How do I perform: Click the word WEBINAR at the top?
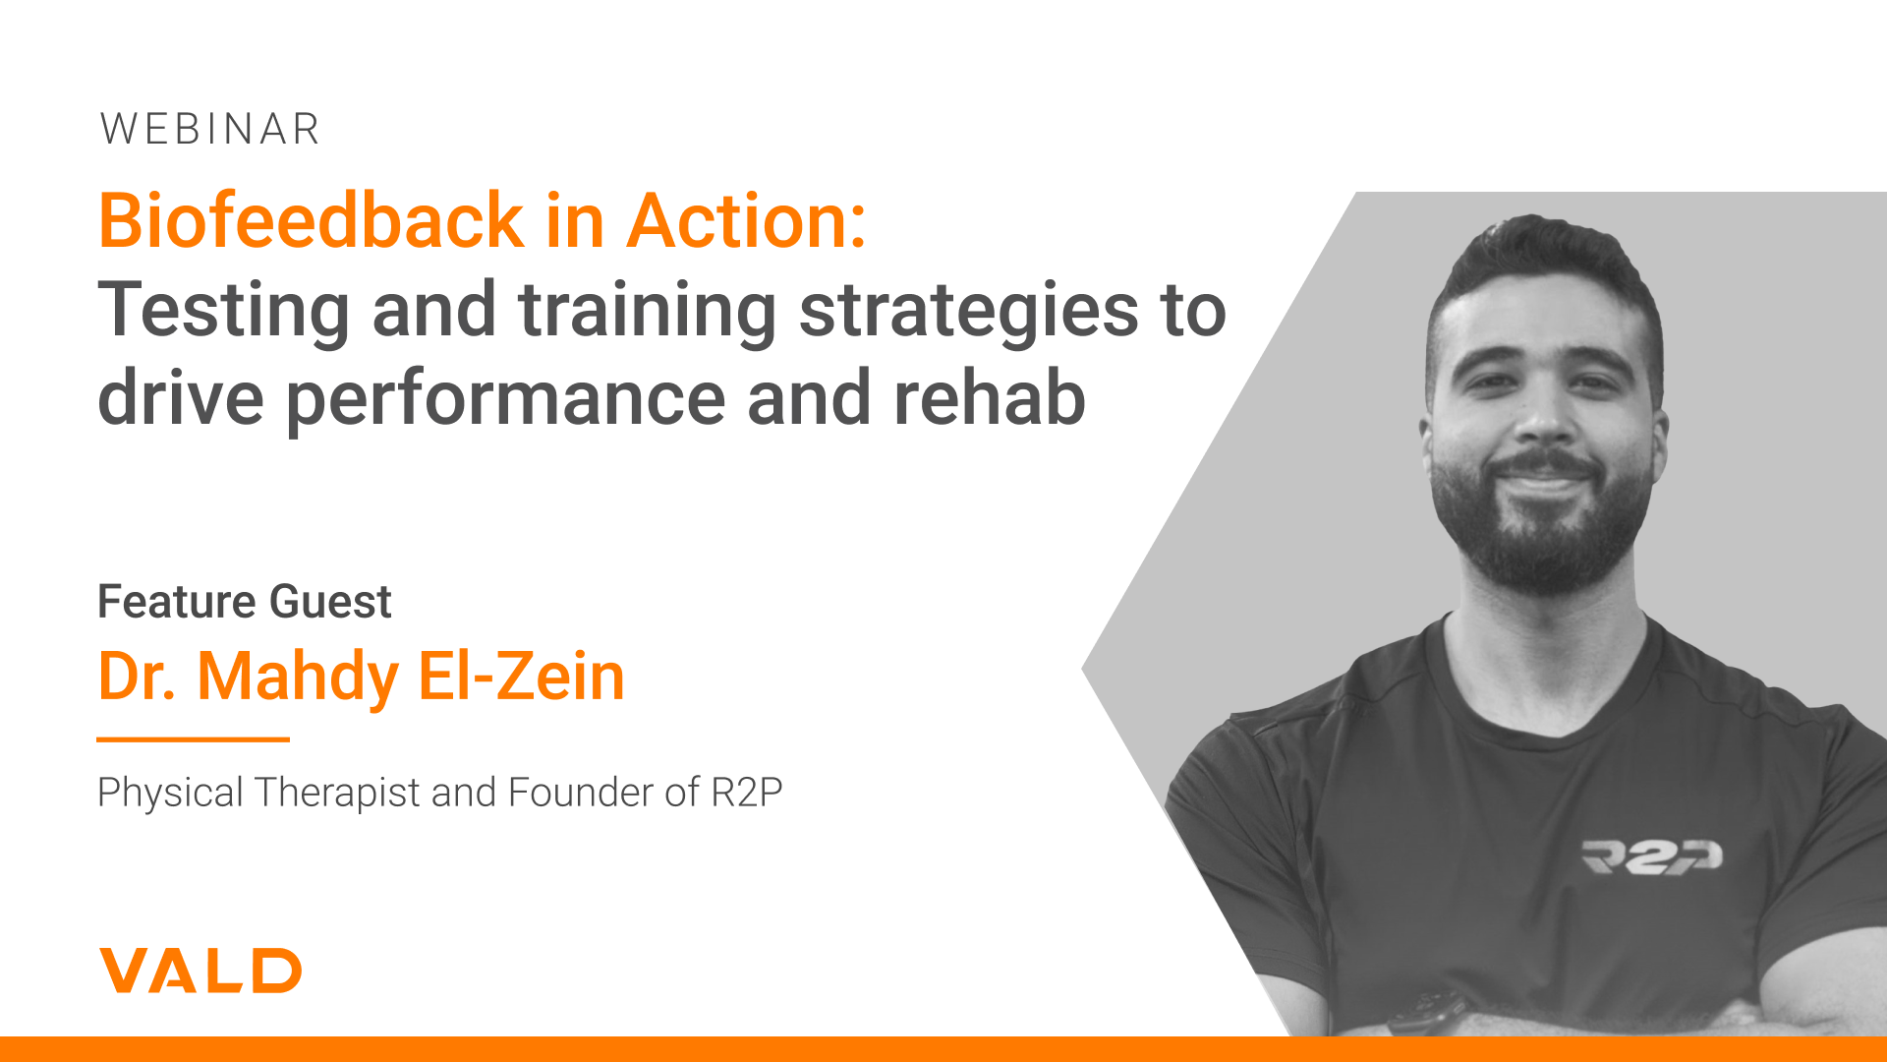[210, 129]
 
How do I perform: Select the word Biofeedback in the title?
[312, 220]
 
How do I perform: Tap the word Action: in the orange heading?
[747, 220]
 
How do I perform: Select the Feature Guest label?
[245, 601]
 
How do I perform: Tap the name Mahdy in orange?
[298, 678]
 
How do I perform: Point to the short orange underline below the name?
[194, 738]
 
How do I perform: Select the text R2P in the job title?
[747, 792]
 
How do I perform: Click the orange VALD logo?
[200, 971]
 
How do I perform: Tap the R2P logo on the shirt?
[1652, 856]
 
